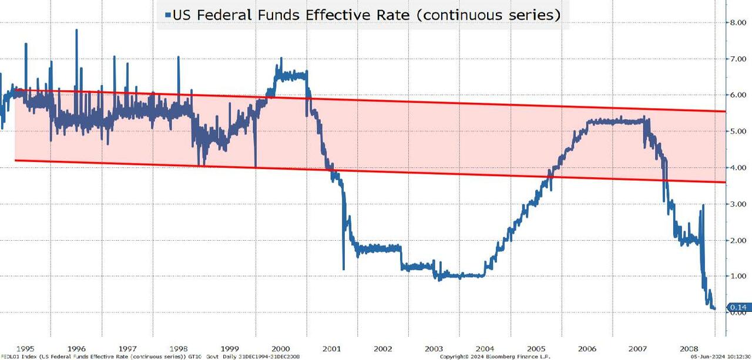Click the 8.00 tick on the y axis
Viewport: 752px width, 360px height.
(x=737, y=22)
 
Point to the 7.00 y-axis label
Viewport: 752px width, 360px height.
(x=737, y=59)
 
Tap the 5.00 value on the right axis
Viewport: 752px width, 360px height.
(x=737, y=131)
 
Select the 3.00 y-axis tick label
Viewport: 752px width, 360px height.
(x=737, y=204)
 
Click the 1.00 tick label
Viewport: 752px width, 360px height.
(x=737, y=276)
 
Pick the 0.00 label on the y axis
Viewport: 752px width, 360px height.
(x=737, y=312)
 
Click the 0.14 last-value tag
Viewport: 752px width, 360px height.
(x=737, y=307)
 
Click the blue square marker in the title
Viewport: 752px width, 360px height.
(x=168, y=15)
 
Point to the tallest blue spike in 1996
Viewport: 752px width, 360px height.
(x=76, y=31)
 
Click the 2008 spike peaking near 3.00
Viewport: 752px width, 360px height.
(x=703, y=206)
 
